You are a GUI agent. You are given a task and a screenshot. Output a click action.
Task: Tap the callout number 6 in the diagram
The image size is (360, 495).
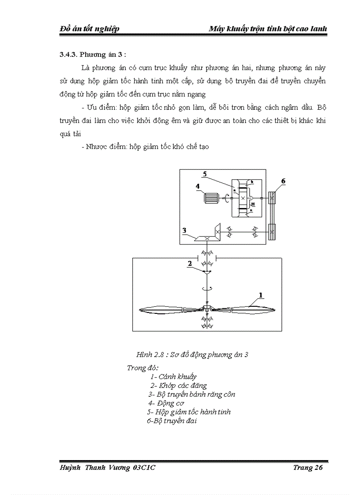pyautogui.click(x=283, y=181)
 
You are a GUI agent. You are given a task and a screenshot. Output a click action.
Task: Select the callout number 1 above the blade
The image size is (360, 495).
pyautogui.click(x=261, y=294)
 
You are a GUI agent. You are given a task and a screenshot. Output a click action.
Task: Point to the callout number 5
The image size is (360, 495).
pyautogui.click(x=204, y=173)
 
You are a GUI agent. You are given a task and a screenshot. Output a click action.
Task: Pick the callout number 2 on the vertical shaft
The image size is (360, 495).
pyautogui.click(x=190, y=263)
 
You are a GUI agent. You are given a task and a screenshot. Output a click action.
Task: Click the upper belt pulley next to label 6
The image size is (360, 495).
pyautogui.click(x=272, y=198)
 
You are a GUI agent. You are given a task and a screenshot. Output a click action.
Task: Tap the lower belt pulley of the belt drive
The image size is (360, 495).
pyautogui.click(x=272, y=231)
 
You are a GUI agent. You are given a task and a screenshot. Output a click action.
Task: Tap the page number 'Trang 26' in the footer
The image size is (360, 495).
pyautogui.click(x=308, y=468)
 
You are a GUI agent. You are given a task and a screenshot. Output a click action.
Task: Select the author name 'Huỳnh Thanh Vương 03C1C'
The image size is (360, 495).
pyautogui.click(x=108, y=468)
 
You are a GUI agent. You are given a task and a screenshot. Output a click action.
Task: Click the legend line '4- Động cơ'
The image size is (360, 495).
pyautogui.click(x=166, y=403)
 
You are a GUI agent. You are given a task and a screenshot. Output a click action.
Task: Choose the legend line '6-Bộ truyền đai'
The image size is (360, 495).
pyautogui.click(x=172, y=421)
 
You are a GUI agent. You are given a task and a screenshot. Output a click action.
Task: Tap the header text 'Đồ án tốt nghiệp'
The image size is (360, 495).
pyautogui.click(x=90, y=29)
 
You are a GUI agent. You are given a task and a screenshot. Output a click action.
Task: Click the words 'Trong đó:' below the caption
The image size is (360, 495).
pyautogui.click(x=142, y=368)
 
